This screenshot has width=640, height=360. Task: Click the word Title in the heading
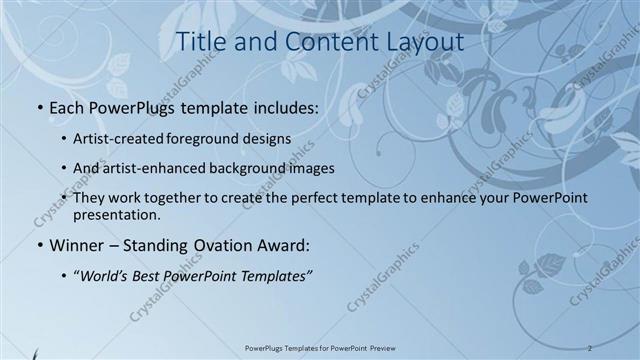[x=197, y=42]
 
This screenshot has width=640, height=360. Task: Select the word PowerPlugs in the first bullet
[x=132, y=105]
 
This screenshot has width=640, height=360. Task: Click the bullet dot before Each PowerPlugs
[x=39, y=106]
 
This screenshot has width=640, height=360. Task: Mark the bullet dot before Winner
[x=39, y=245]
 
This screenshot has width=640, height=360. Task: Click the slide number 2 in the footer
[x=590, y=347]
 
